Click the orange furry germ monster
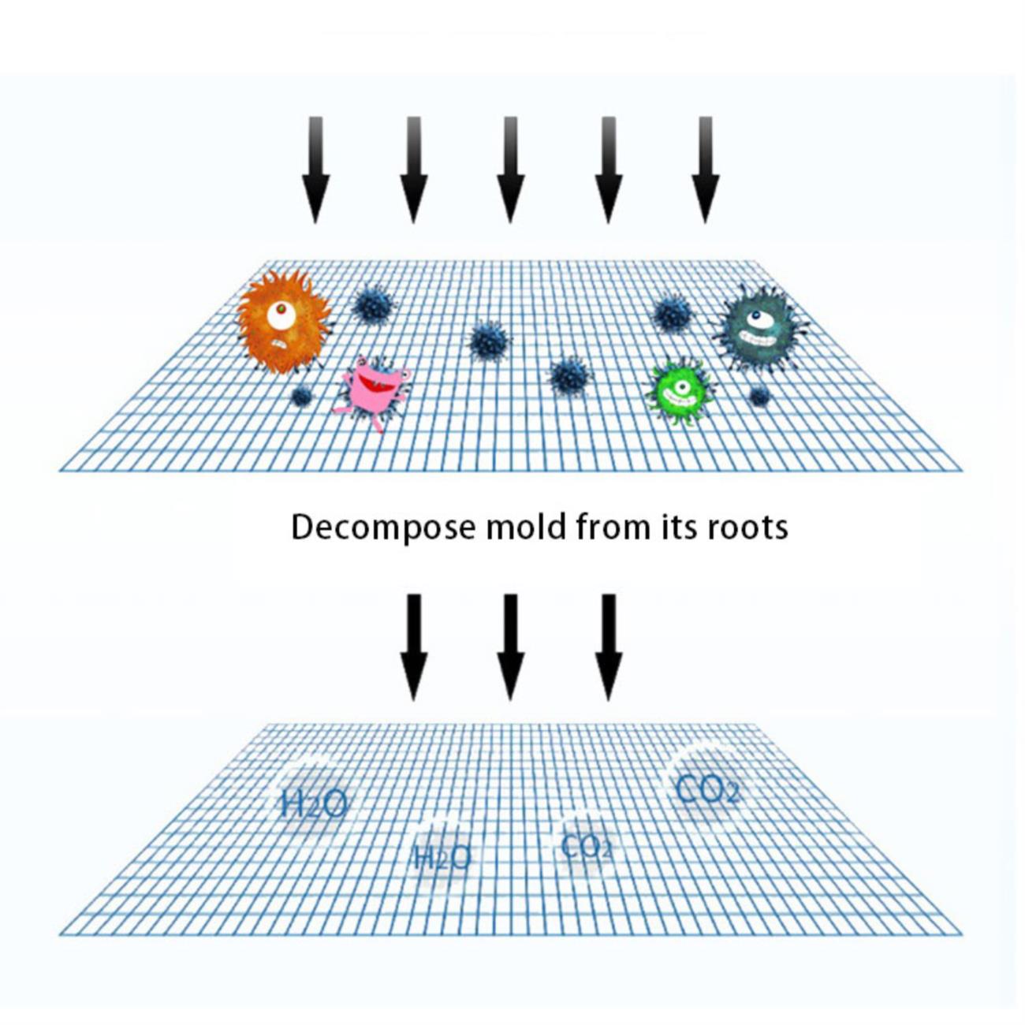pos(284,322)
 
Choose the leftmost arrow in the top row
pos(316,170)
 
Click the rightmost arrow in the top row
pos(706,170)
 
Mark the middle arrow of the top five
pos(511,170)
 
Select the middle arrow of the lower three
pos(511,647)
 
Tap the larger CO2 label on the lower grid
pos(707,789)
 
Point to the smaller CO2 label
pos(587,846)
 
